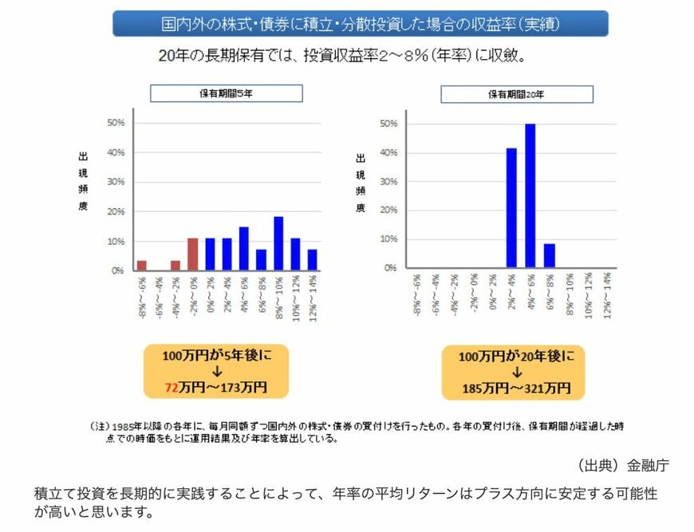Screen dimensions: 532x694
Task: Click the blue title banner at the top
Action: click(360, 24)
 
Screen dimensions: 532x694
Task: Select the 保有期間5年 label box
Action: click(227, 93)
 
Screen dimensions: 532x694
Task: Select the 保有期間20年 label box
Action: click(517, 94)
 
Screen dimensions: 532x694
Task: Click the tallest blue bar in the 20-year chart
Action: click(530, 195)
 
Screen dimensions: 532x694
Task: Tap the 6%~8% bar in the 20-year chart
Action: click(549, 255)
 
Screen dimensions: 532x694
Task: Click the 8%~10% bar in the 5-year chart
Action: click(278, 243)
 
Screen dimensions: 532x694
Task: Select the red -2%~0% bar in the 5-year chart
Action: click(192, 254)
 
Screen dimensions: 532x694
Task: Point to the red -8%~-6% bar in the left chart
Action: click(141, 265)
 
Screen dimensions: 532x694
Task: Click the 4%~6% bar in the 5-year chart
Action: click(243, 248)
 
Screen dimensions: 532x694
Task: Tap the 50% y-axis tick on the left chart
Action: click(115, 123)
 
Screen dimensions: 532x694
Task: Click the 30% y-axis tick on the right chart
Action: click(388, 182)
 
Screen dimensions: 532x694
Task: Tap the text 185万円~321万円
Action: click(517, 388)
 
